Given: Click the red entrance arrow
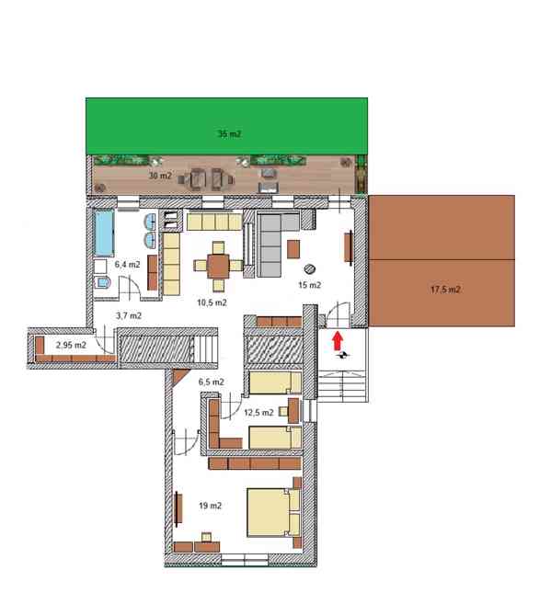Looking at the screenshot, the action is coord(338,341).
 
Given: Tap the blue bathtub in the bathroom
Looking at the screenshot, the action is coord(104,233).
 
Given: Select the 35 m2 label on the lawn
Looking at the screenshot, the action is coord(229,134).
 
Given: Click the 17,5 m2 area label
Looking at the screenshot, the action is coord(445,290).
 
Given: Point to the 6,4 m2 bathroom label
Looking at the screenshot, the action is coord(128,265).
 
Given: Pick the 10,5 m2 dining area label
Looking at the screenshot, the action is coord(212,302).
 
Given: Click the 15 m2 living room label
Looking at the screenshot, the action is coord(310,285).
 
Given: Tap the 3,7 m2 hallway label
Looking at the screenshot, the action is coord(129,315).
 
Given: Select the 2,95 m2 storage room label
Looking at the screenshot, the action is coord(71,345).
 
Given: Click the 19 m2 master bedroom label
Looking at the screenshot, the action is coord(210,506).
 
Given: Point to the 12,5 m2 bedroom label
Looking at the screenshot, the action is coord(258,413).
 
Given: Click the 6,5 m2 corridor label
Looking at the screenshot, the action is coord(212,382).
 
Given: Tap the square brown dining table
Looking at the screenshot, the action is coord(218,267).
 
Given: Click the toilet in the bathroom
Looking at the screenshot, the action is coord(102,282).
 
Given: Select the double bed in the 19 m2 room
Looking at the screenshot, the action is coord(274,512).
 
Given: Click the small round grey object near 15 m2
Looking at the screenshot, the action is coord(310,268).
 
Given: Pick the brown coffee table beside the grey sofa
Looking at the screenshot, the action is coord(293,249).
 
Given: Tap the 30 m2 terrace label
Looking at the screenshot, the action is coord(160,176).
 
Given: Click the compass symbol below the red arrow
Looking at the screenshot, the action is coord(344,355).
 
